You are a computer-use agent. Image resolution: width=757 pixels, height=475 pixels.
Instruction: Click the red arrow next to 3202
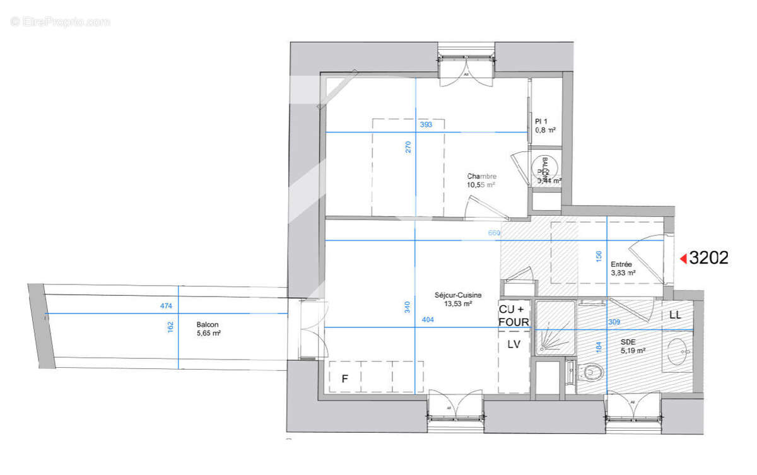(x=683, y=258)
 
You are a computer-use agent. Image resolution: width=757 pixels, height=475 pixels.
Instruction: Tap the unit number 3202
(x=709, y=257)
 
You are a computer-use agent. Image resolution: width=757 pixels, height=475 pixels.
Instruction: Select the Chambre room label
(x=481, y=176)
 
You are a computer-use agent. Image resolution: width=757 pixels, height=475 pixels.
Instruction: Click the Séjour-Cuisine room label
(x=458, y=295)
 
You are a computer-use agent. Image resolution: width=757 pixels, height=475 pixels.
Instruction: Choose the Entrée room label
(x=621, y=265)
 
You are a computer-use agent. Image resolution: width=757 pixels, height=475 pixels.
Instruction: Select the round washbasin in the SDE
(x=678, y=351)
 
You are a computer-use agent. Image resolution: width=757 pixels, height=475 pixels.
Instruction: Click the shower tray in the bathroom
(x=555, y=331)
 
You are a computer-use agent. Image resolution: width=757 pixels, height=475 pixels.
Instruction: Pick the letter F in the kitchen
(x=344, y=379)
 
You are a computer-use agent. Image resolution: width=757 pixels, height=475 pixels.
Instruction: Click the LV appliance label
(x=514, y=344)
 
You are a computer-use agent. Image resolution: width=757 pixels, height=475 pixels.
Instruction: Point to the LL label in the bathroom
(x=674, y=315)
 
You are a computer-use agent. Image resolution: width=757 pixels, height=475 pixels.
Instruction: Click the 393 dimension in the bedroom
(x=426, y=125)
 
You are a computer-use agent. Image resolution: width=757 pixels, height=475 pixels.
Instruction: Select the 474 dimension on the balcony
(x=166, y=307)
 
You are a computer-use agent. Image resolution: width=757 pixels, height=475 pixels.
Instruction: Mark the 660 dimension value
(x=494, y=233)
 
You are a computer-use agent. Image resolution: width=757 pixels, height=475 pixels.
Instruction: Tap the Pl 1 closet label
(x=541, y=121)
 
